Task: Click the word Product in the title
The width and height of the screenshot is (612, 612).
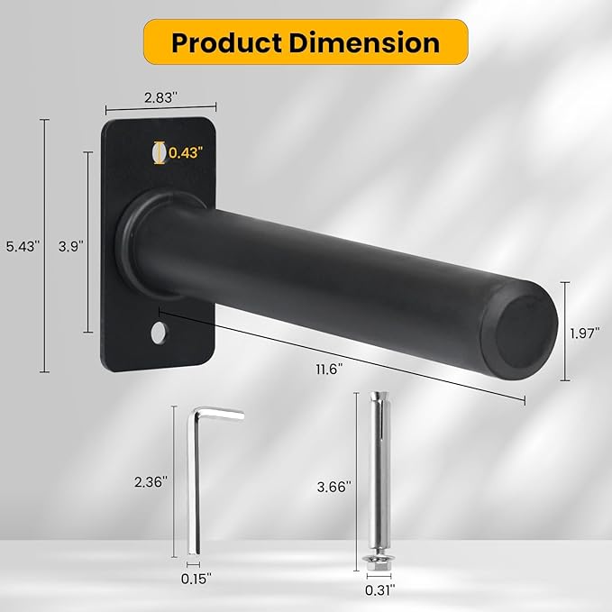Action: (226, 43)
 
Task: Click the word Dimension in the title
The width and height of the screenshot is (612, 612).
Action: (364, 42)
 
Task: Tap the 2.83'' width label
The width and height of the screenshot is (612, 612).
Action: (160, 97)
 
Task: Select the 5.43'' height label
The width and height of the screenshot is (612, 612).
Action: (23, 246)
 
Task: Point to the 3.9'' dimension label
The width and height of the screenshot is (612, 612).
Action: (70, 246)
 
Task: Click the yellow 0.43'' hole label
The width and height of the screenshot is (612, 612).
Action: (186, 152)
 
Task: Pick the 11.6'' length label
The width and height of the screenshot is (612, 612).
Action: (329, 369)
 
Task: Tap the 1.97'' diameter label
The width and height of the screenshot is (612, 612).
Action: (585, 333)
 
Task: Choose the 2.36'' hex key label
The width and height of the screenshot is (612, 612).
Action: (151, 482)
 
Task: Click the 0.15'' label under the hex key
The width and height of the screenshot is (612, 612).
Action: (196, 579)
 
